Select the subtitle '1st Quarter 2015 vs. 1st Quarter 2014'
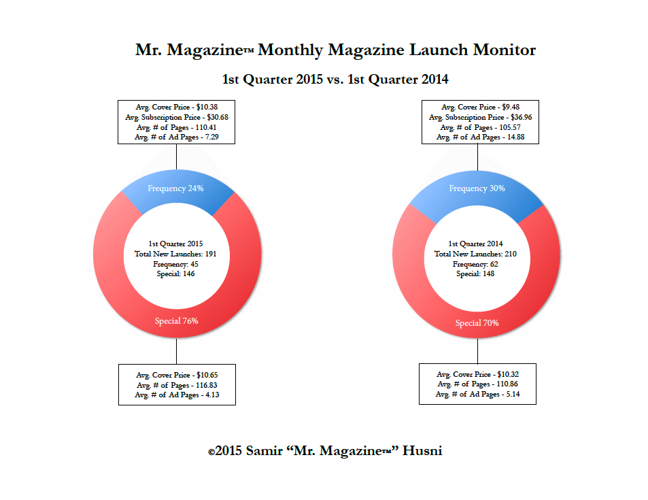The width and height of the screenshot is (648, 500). (336, 80)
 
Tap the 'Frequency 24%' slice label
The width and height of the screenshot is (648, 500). (175, 188)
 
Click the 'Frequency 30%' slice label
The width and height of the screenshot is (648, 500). (477, 188)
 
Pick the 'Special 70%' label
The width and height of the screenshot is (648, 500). (477, 323)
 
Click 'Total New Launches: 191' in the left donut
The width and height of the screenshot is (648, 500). (176, 254)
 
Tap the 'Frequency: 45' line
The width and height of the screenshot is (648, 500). (176, 263)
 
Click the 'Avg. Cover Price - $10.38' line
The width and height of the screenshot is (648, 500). (176, 107)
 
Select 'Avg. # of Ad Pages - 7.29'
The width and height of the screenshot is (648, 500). (176, 137)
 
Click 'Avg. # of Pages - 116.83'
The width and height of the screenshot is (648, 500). (176, 385)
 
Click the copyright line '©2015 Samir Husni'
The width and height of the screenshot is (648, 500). (325, 451)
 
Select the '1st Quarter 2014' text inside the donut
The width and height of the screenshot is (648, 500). (477, 244)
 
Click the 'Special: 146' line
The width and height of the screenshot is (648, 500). (176, 273)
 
